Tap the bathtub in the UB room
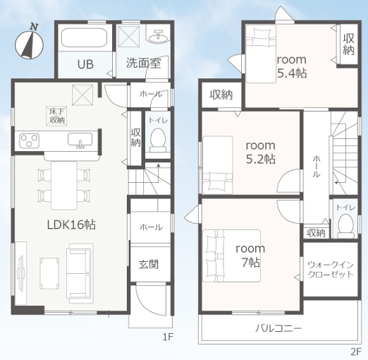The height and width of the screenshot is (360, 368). pyautogui.click(x=84, y=37)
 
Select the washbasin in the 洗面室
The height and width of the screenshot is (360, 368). pyautogui.click(x=159, y=37)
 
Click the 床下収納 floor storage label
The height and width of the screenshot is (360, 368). pyautogui.click(x=56, y=116)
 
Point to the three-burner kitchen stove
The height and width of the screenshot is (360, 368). pyautogui.click(x=29, y=140)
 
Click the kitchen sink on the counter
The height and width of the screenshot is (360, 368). pyautogui.click(x=80, y=140)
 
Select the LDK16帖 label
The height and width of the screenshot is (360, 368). pyautogui.click(x=71, y=224)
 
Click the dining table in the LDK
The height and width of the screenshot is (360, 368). pyautogui.click(x=64, y=186)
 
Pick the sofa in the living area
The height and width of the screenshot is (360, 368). pyautogui.click(x=80, y=273)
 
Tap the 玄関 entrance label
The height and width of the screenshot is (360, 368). pyautogui.click(x=149, y=265)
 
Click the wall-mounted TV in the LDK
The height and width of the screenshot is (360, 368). pyautogui.click(x=20, y=273)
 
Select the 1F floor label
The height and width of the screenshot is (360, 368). pyautogui.click(x=168, y=337)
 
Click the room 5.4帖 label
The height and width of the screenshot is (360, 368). pyautogui.click(x=292, y=66)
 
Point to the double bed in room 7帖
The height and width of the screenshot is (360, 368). pyautogui.click(x=231, y=256)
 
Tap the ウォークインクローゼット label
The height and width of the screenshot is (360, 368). pyautogui.click(x=331, y=270)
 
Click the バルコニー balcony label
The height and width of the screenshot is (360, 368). pyautogui.click(x=278, y=328)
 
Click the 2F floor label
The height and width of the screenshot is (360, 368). pyautogui.click(x=356, y=352)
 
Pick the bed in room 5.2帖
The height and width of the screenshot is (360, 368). pyautogui.click(x=218, y=165)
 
